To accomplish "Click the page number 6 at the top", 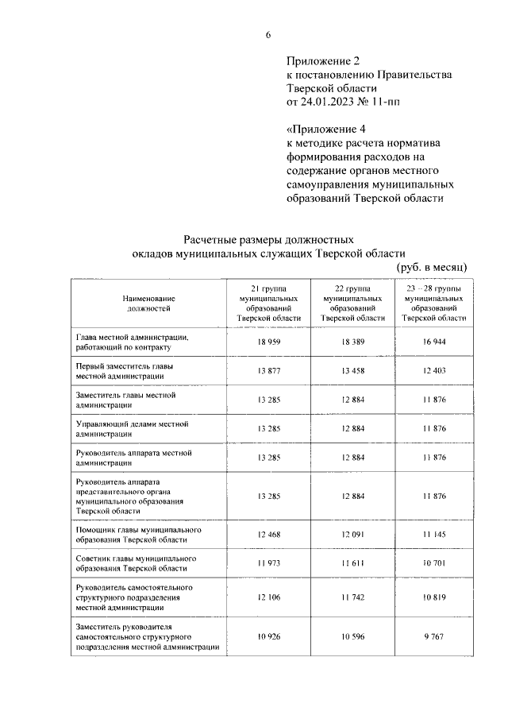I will pos(268,34).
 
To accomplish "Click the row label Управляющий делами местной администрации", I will pos(126,429).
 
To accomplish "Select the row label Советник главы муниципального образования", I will pos(131,563).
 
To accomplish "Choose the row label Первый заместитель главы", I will pos(123,371).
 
